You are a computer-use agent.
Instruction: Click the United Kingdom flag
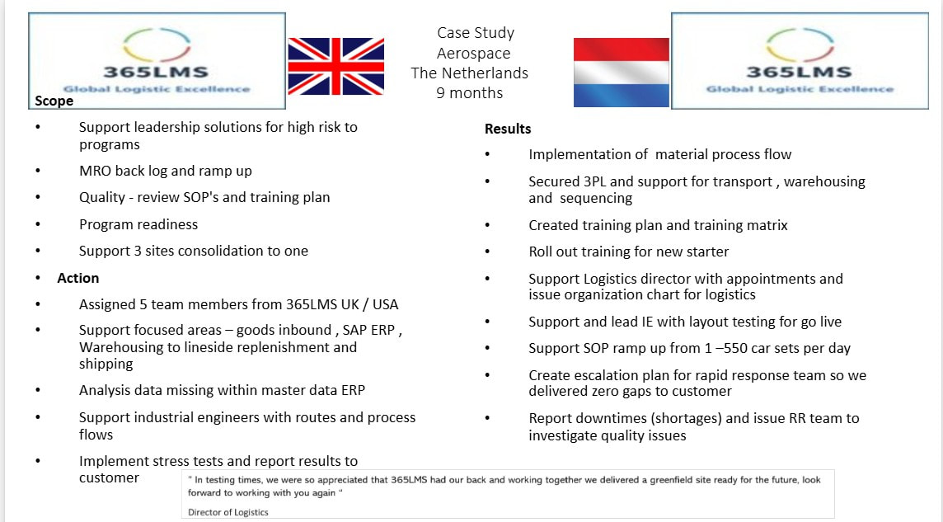coord(335,66)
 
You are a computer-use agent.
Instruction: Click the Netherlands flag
coord(622,73)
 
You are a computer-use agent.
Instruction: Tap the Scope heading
coord(54,101)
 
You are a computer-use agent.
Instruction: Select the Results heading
coord(508,129)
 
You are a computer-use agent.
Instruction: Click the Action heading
coord(78,278)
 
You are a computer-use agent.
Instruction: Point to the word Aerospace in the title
coord(473,54)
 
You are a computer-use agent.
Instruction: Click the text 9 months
coord(470,92)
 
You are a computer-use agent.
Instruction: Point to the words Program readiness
coord(138,224)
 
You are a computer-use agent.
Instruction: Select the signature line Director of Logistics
coord(228,512)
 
